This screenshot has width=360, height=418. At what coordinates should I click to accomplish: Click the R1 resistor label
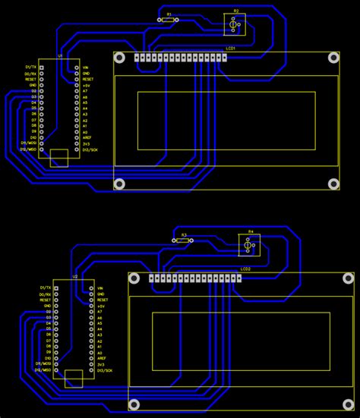pyautogui.click(x=169, y=14)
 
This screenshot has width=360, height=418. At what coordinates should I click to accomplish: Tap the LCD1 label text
pyautogui.click(x=230, y=48)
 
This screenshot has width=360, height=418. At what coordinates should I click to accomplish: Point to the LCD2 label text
pyautogui.click(x=245, y=269)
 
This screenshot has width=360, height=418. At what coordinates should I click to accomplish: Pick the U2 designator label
pyautogui.click(x=74, y=277)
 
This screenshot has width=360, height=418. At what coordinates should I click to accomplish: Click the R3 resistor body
pyautogui.click(x=184, y=241)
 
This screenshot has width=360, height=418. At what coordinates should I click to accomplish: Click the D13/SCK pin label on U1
pyautogui.click(x=90, y=149)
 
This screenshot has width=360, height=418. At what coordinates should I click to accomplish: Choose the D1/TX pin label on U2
pyautogui.click(x=46, y=288)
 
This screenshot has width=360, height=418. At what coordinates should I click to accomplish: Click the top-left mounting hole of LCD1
pyautogui.click(x=119, y=57)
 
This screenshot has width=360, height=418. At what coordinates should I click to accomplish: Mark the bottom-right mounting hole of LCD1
pyautogui.click(x=333, y=184)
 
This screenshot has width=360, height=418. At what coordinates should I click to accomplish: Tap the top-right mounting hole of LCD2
pyautogui.click(x=348, y=278)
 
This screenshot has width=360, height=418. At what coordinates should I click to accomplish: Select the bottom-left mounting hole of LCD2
pyautogui.click(x=134, y=404)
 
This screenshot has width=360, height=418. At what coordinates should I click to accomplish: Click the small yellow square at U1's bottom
pyautogui.click(x=58, y=158)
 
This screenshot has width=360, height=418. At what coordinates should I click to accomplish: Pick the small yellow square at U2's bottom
pyautogui.click(x=74, y=378)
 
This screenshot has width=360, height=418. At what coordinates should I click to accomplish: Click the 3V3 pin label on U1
pyautogui.click(x=86, y=144)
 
